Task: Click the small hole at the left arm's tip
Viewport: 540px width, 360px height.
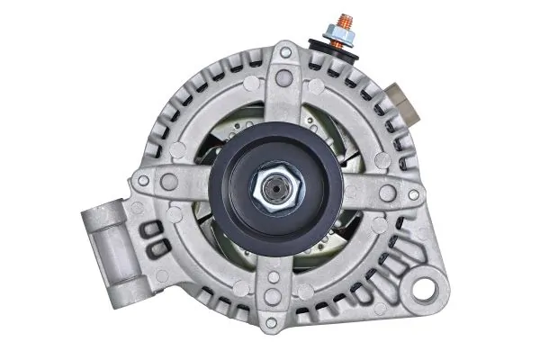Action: click(x=143, y=181)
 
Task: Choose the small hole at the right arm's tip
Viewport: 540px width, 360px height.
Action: click(x=412, y=193)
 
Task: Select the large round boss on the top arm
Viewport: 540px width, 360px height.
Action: click(x=284, y=79)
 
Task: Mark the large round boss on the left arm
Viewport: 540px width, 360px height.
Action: click(x=168, y=183)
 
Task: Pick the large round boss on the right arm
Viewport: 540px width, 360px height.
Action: click(x=387, y=193)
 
